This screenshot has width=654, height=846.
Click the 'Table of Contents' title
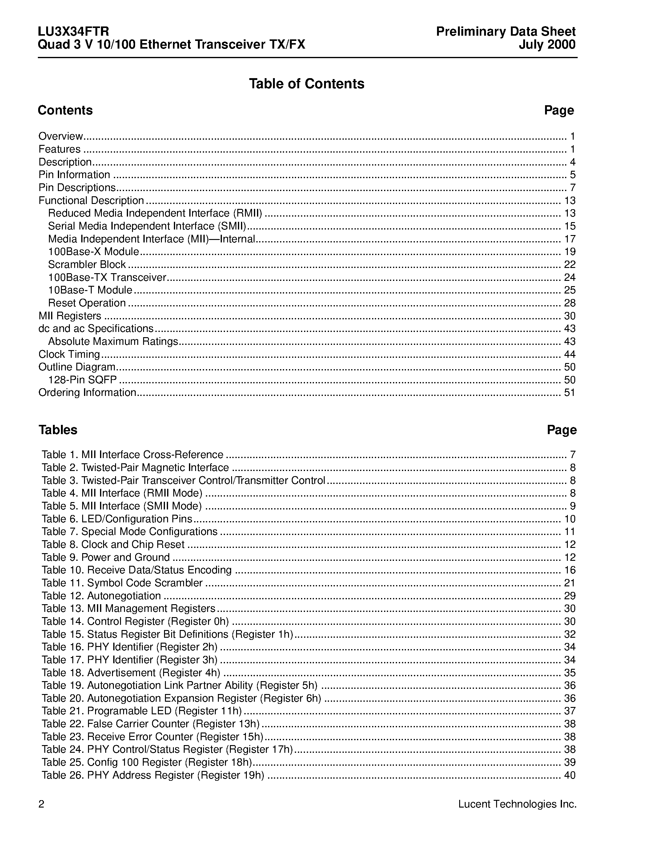(307, 84)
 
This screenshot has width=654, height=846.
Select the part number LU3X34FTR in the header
(73, 31)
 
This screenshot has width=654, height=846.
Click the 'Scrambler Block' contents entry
(87, 265)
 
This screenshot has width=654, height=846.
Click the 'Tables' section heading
(58, 429)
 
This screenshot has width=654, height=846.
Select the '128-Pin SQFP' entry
(82, 380)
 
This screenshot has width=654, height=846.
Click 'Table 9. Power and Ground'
(106, 557)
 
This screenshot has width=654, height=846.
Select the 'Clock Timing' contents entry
(69, 354)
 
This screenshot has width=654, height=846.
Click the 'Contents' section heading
(65, 110)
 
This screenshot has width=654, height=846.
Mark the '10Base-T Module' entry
(90, 290)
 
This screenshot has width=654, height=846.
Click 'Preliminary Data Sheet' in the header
(506, 31)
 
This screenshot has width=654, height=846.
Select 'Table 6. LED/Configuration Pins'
(117, 519)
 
